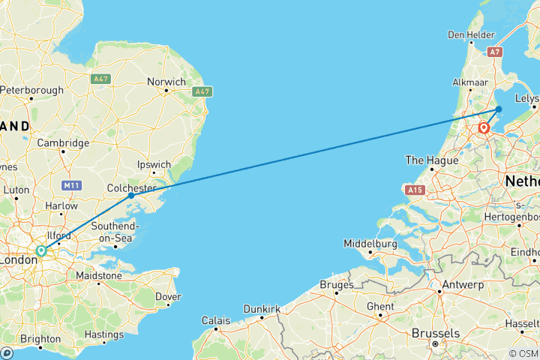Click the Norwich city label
point(166,82)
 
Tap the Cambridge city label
point(64,142)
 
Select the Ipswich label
point(155,165)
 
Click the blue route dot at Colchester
point(131,195)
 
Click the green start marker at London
point(42,251)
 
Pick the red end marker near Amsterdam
point(484,128)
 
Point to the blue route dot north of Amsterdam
point(499,109)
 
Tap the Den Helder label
point(471,34)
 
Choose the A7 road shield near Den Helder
point(493,52)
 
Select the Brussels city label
point(434,333)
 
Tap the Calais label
point(215,320)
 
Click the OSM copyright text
point(522,353)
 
